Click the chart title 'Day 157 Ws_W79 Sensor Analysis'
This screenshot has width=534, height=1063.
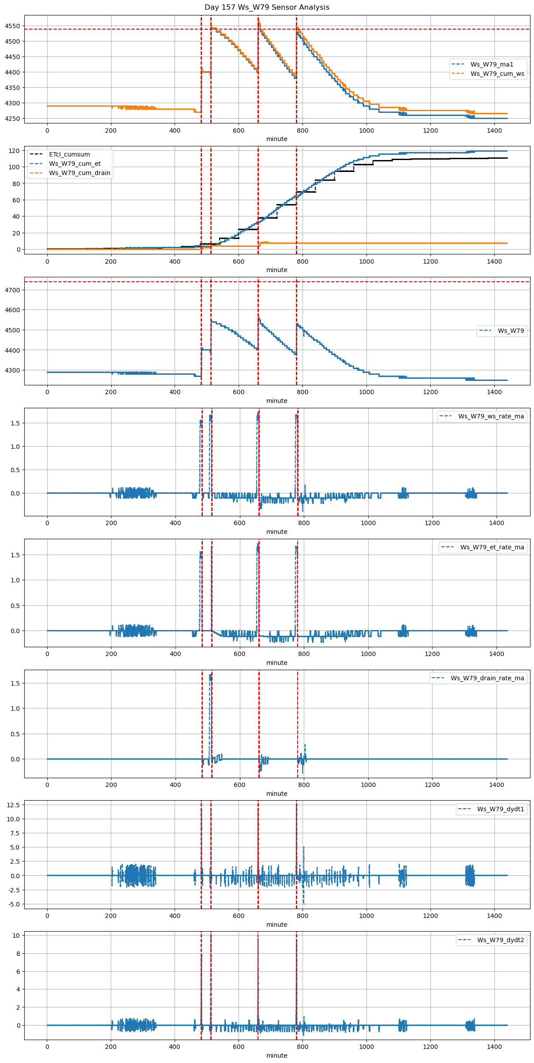tap(267, 7)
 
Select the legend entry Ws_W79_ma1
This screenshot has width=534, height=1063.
tap(492, 64)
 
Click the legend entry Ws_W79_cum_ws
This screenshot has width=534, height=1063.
tap(497, 74)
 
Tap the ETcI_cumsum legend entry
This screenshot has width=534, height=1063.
tap(69, 155)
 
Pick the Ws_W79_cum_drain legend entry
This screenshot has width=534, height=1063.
tap(79, 173)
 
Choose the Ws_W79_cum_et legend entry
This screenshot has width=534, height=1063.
tap(75, 164)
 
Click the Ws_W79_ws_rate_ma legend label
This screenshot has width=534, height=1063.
tap(491, 416)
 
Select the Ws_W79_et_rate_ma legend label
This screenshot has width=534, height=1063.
tap(492, 547)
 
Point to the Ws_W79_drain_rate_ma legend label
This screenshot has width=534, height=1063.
tap(487, 678)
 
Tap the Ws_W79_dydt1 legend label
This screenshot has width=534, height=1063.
tap(500, 809)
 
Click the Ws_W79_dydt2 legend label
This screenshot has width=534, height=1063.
tap(500, 940)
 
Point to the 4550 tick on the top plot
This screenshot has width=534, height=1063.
tap(12, 26)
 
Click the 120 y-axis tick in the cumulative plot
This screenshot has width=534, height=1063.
tap(15, 151)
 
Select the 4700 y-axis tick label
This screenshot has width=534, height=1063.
tap(12, 290)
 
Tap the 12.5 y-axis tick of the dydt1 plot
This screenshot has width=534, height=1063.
tap(14, 805)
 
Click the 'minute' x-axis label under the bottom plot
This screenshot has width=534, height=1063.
tap(276, 1056)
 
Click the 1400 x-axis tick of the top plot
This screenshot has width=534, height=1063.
tap(494, 131)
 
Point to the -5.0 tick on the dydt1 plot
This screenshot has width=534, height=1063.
tap(14, 904)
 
